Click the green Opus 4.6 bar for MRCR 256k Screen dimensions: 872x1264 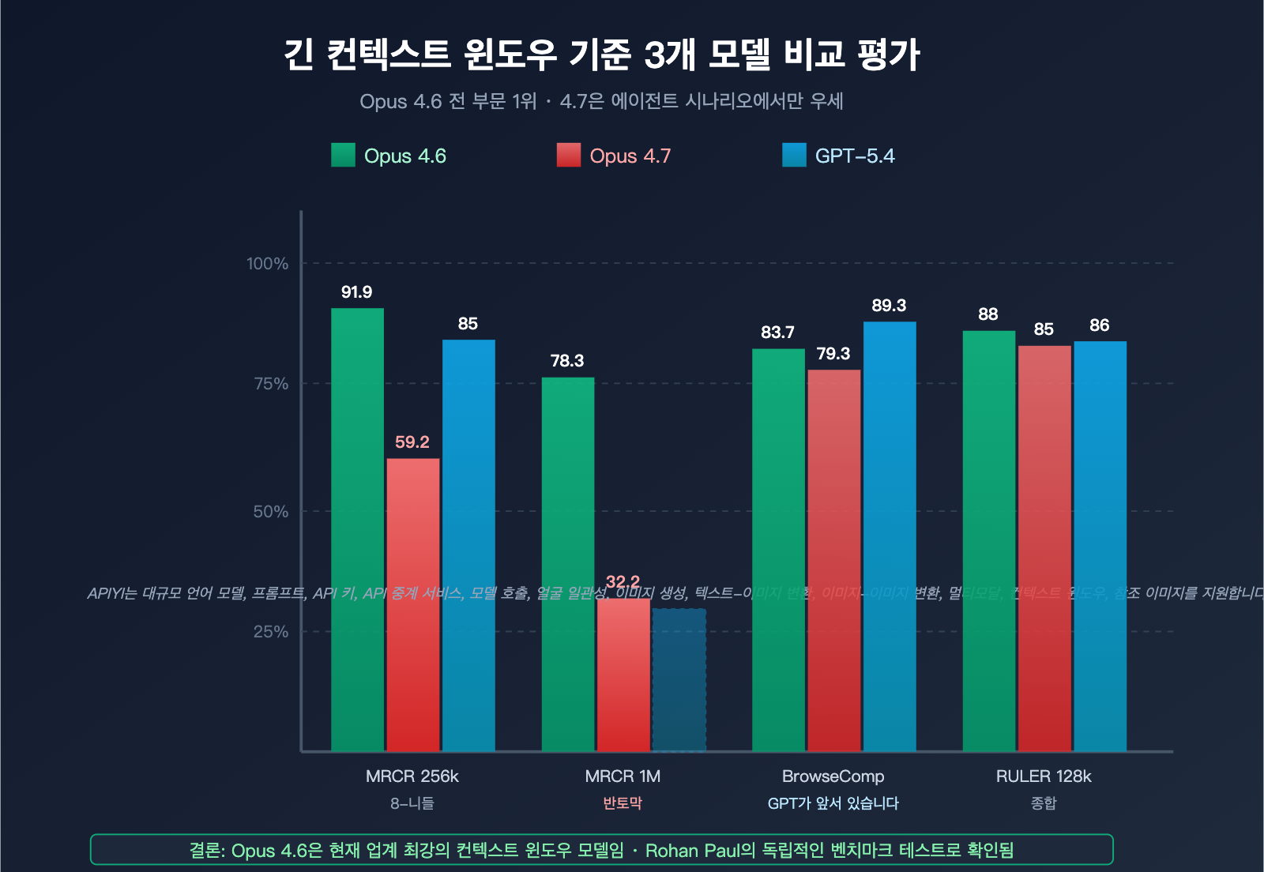click(357, 529)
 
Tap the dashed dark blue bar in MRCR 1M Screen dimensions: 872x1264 click(679, 679)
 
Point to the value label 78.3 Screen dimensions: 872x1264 click(566, 361)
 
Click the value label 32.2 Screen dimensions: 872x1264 click(623, 582)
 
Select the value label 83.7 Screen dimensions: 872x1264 click(777, 333)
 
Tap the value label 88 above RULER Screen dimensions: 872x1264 click(987, 314)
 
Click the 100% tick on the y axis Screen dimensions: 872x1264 click(267, 264)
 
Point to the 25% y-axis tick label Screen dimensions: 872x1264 click(270, 632)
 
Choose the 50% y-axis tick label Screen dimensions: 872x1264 click(270, 512)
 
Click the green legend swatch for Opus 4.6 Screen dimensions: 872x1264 click(343, 156)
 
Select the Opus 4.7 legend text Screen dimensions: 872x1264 click(630, 156)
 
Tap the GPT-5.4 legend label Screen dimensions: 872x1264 click(854, 156)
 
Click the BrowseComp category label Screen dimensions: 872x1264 click(833, 776)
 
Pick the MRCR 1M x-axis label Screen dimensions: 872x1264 click(623, 776)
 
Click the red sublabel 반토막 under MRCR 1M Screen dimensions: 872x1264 click(623, 803)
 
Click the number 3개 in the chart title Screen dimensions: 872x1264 click(670, 54)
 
